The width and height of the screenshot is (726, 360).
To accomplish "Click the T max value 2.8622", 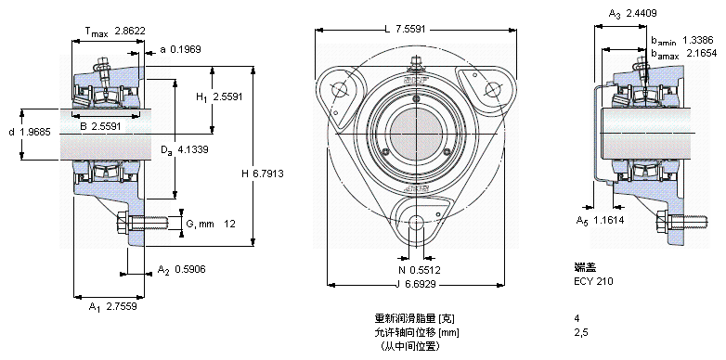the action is [x=130, y=31].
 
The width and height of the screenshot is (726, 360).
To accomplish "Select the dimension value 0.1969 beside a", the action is [x=186, y=49].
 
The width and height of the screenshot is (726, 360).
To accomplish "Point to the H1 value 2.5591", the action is [x=227, y=96].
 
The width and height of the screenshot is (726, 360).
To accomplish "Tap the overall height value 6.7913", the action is [x=268, y=174].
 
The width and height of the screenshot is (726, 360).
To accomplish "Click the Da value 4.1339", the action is [x=192, y=149].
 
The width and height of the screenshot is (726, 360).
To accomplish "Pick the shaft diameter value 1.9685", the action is [x=35, y=133].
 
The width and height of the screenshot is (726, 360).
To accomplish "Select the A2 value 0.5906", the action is [x=190, y=269].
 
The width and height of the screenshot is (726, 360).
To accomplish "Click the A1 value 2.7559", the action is [x=122, y=306].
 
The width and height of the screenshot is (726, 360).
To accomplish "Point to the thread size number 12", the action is [x=229, y=224].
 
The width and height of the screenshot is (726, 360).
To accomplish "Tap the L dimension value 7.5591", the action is [x=410, y=30].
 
